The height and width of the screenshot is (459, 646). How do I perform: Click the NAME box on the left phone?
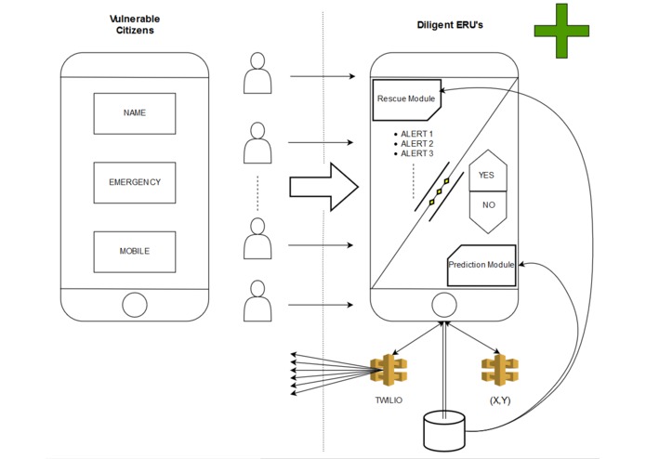click(134, 113)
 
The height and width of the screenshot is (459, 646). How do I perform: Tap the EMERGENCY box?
click(134, 182)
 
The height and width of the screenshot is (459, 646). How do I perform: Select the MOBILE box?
click(134, 252)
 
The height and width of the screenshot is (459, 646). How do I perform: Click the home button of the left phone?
click(135, 304)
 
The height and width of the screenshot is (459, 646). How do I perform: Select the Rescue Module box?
click(405, 98)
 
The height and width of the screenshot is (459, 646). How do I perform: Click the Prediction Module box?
click(481, 265)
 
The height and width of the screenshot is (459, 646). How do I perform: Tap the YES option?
click(486, 175)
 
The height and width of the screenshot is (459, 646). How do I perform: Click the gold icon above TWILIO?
click(388, 369)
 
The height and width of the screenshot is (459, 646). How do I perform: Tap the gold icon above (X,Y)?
click(499, 369)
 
